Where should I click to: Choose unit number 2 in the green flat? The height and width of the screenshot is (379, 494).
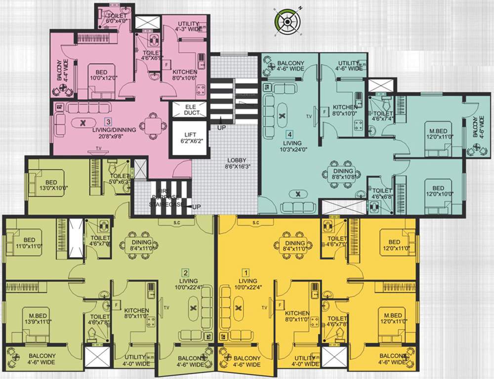pyautogui.click(x=185, y=272)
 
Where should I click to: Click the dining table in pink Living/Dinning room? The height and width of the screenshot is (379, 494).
pyautogui.click(x=153, y=124)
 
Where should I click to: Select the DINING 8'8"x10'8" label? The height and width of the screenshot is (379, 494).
pyautogui.click(x=341, y=174)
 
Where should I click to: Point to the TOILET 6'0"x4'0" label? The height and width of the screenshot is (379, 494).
pyautogui.click(x=111, y=19)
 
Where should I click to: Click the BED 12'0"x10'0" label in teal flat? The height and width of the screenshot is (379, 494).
pyautogui.click(x=438, y=191)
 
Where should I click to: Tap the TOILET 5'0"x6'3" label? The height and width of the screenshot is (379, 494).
pyautogui.click(x=120, y=179)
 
